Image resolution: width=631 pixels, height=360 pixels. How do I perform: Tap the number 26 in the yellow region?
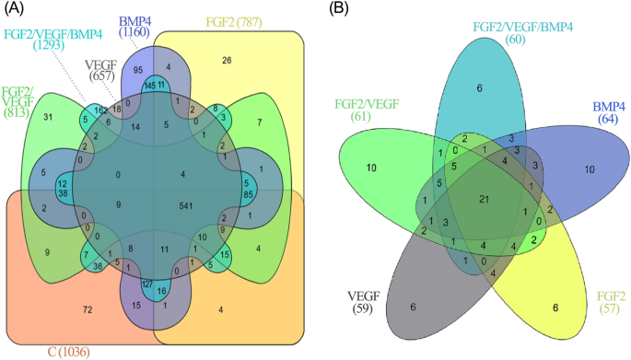226,61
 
